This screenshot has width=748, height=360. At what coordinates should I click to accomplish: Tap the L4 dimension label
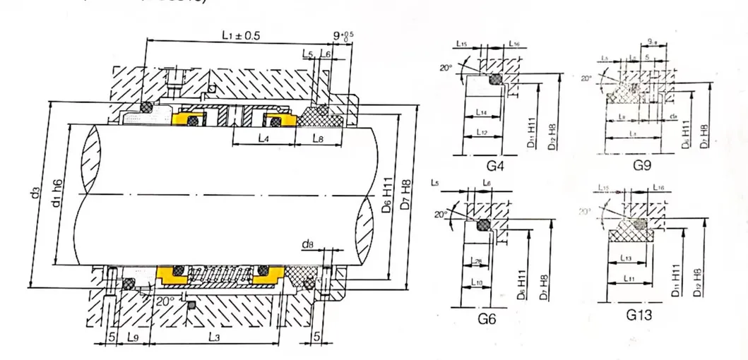coord(262,139)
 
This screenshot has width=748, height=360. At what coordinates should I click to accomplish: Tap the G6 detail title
coord(487,318)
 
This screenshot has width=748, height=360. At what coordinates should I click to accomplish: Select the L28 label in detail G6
coord(475,263)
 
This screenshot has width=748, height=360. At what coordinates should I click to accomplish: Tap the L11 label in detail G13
coord(624,280)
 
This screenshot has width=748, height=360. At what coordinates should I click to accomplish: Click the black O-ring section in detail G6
coord(485,225)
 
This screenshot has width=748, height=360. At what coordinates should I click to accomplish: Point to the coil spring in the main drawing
coord(220,275)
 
